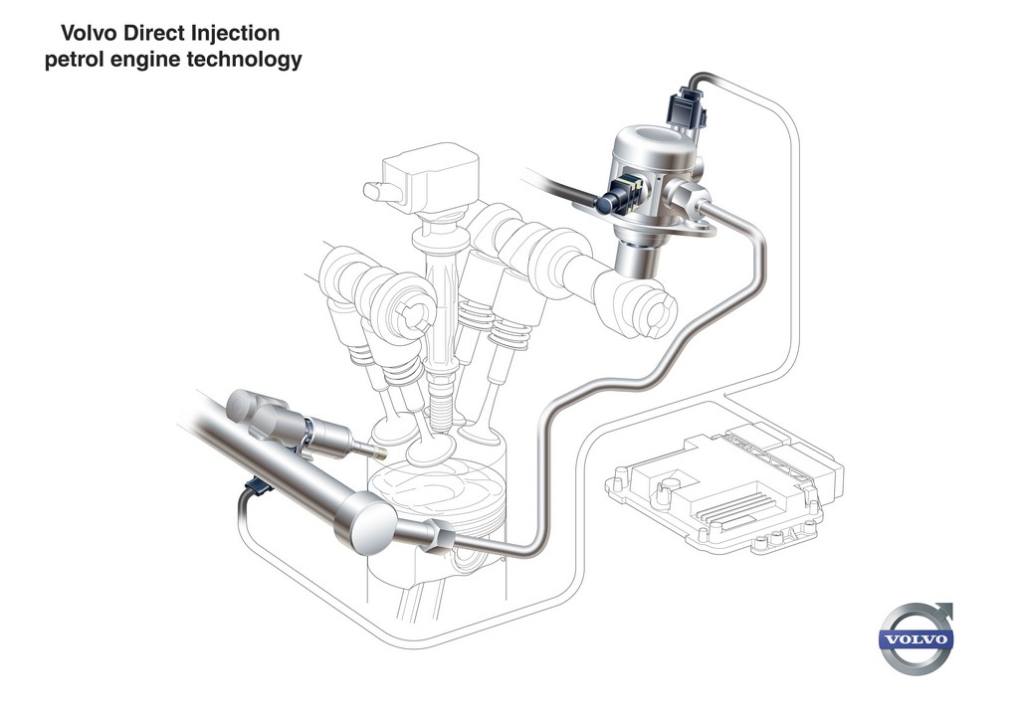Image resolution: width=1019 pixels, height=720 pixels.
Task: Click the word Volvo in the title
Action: coord(89,33)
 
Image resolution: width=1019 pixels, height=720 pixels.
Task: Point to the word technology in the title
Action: coord(245,60)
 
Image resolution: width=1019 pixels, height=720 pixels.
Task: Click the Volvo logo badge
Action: coord(916,638)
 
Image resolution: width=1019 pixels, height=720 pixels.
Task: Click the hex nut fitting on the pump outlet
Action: coord(687,196)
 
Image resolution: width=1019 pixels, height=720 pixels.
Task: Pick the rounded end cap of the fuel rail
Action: coord(366,524)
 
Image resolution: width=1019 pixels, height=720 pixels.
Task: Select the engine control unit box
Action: coord(724,488)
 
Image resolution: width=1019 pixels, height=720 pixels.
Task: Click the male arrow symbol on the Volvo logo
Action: coord(941,613)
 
